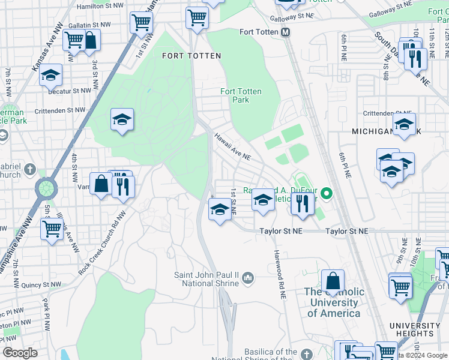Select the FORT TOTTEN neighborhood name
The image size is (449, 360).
[191, 56]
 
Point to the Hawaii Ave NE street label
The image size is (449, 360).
[232, 146]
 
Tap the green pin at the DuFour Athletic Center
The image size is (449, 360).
[326, 194]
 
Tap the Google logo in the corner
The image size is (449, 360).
[20, 353]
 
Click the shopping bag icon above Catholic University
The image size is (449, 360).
[333, 281]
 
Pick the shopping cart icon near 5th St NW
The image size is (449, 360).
[52, 228]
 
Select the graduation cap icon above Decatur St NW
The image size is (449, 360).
[51, 76]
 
